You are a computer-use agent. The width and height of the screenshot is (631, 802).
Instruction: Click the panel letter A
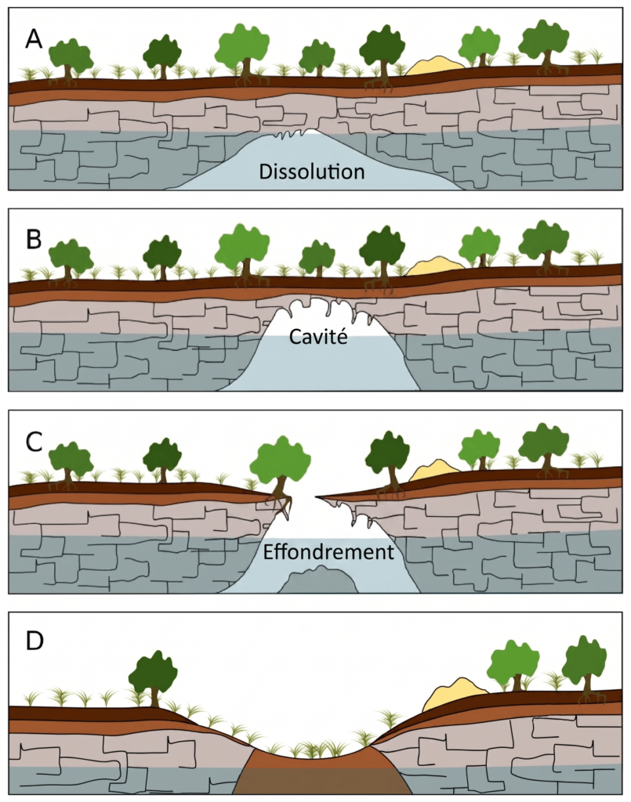34,39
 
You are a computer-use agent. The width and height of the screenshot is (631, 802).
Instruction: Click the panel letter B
34,239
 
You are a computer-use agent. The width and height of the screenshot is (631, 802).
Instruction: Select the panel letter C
34,442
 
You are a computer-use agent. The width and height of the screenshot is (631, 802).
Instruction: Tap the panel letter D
34,641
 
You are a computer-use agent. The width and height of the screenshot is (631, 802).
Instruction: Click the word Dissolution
312,172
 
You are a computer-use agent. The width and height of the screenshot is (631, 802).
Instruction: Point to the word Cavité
318,337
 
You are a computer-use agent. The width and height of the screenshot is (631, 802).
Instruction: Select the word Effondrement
328,552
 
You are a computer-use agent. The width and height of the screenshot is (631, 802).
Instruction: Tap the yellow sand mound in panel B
435,266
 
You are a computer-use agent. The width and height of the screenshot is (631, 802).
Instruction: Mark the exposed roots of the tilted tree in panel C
281,504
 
